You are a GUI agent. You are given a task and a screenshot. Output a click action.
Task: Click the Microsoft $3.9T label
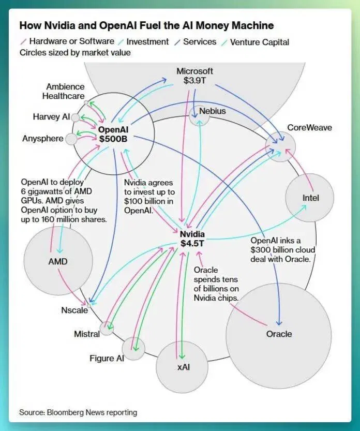[194, 76]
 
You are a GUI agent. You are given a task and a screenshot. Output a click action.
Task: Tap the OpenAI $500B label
[113, 134]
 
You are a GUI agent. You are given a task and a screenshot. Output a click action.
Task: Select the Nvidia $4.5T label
[192, 239]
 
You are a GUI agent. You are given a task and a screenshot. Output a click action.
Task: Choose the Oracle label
[279, 334]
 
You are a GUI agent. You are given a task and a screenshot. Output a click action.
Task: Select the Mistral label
[87, 334]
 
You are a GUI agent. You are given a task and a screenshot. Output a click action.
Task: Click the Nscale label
[74, 310]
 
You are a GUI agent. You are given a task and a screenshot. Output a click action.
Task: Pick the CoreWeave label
[309, 127]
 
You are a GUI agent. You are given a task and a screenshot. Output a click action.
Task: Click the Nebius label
[213, 111]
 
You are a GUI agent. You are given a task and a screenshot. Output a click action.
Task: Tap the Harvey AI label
[51, 117]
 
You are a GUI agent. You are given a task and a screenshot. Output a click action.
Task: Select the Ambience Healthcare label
[64, 91]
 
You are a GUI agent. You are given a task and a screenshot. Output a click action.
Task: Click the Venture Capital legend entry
[256, 42]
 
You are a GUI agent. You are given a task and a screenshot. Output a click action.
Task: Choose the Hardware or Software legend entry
[68, 41]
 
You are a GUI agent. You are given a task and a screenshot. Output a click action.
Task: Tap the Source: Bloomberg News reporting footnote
[78, 412]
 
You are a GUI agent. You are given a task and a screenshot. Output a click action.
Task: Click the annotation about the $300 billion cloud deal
[282, 250]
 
